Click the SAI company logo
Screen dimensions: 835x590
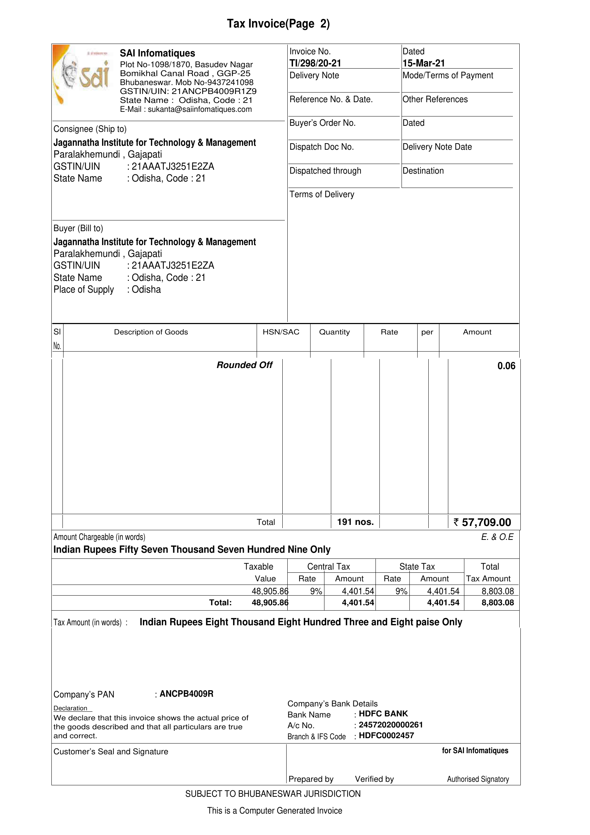click(x=82, y=74)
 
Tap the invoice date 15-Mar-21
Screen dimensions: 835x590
click(x=423, y=63)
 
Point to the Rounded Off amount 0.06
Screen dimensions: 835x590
click(x=506, y=366)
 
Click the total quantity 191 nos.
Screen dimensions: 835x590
click(x=355, y=522)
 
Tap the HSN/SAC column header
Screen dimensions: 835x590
click(x=281, y=332)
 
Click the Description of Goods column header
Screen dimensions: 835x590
click(x=151, y=332)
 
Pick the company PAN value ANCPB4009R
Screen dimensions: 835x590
click(x=186, y=694)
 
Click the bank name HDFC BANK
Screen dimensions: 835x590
click(x=383, y=714)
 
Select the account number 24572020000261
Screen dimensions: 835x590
click(x=390, y=725)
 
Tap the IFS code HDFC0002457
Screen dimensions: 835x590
click(x=386, y=736)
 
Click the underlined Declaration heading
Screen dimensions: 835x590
click(x=70, y=709)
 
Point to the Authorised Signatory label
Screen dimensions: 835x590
click(x=478, y=779)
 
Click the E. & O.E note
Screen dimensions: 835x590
click(x=497, y=537)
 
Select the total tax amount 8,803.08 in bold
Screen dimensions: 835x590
click(x=497, y=603)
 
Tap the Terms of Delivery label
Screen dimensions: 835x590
click(x=322, y=195)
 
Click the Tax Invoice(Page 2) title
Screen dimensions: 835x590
click(x=278, y=24)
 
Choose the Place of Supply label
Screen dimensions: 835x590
click(x=84, y=289)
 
